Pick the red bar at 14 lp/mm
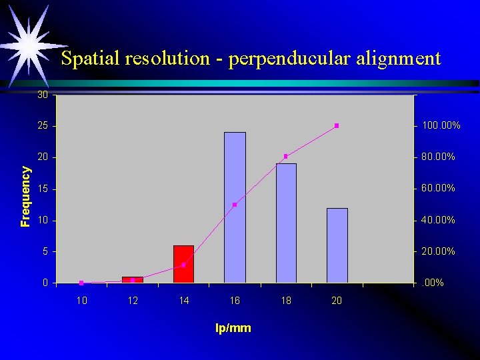tap(183, 264)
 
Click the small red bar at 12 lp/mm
tap(133, 280)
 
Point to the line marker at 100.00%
tap(337, 125)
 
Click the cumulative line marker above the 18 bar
tap(285, 156)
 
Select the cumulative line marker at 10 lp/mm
tap(81, 283)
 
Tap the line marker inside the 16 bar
tap(235, 205)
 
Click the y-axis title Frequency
tap(25, 197)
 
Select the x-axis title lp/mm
tap(233, 328)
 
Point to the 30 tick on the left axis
tap(43, 95)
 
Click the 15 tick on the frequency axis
tap(43, 189)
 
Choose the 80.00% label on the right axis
tap(439, 157)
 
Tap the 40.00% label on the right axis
tap(439, 220)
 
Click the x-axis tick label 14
tap(184, 301)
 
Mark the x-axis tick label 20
tap(337, 301)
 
